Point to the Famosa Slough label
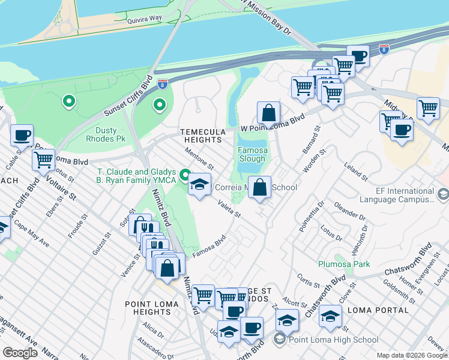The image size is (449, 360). tap(251, 154)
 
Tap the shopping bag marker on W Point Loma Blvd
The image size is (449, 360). tap(269, 112)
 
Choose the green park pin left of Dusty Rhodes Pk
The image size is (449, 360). tap(69, 101)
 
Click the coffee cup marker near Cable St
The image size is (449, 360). tap(22, 135)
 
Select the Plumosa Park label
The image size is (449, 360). tap(344, 264)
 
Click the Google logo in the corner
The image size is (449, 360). tap(20, 353)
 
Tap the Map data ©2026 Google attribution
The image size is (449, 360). tap(411, 355)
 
